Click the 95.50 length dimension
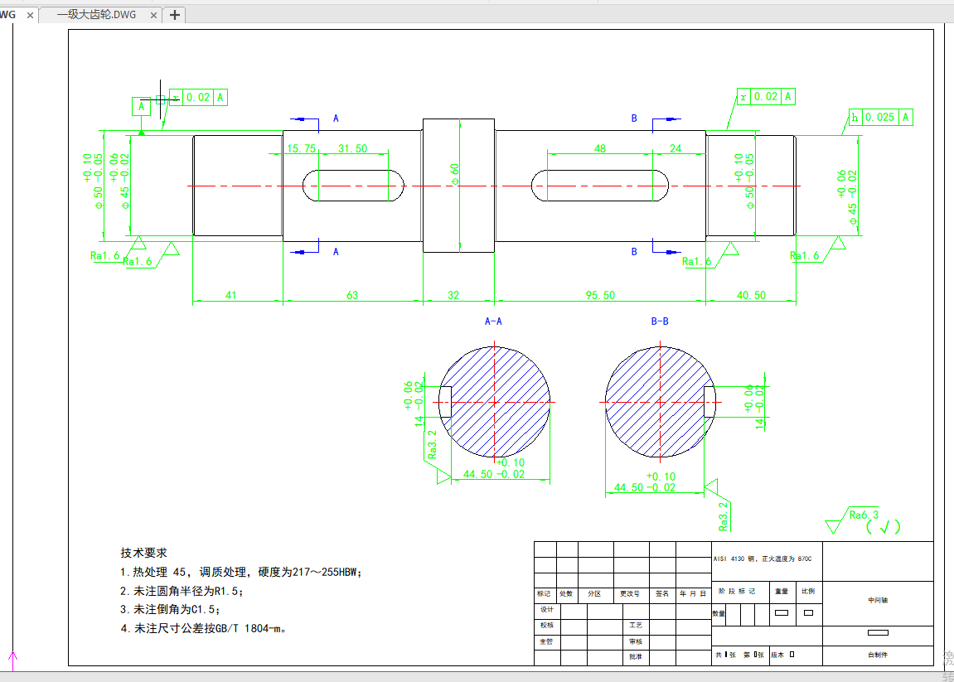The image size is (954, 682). pos(600,295)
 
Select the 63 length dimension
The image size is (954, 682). pos(352,295)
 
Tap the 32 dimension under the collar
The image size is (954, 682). pos(453,295)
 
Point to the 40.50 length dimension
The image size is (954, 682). pos(751,295)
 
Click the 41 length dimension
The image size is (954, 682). pos(231,295)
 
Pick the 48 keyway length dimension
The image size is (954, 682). pos(600,148)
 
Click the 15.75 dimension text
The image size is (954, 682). pos(301,148)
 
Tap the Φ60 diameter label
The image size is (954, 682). pos(454,173)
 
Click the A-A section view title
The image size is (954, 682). pos(493,321)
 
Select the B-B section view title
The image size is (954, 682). pos(660,321)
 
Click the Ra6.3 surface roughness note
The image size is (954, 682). pos(864,515)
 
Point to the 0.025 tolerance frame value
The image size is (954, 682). pos(879,118)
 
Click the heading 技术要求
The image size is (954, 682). pos(144,553)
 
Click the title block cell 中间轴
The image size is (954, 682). pos(876,600)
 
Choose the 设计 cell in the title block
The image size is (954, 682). pos(546,609)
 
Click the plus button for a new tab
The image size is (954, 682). pos(175,15)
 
